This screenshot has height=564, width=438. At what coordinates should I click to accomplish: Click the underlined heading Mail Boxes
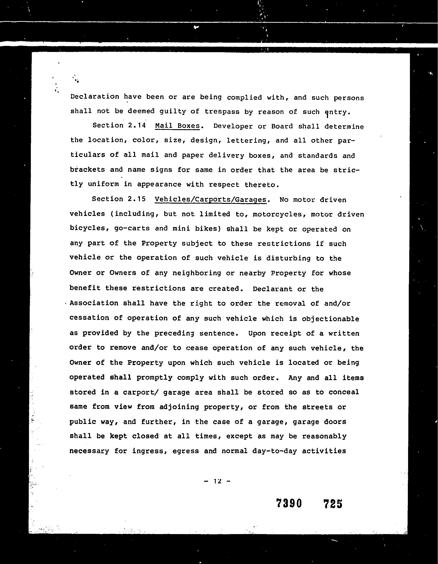point(177,126)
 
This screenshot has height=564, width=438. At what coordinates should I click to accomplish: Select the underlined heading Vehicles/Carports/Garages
point(210,199)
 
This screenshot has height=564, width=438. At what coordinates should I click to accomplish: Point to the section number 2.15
point(136,199)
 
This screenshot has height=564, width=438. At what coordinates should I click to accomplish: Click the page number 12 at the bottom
point(218,481)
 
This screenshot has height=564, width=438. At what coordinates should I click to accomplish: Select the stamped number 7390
point(289,503)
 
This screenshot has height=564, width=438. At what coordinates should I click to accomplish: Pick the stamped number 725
point(333,503)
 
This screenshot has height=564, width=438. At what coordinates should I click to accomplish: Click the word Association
point(94,303)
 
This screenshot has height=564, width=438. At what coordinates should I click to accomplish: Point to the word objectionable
point(331,319)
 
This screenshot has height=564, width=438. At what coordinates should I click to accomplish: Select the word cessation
point(89,318)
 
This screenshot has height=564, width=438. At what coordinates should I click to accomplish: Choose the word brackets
point(87,170)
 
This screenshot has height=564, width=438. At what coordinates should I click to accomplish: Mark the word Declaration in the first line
point(95,96)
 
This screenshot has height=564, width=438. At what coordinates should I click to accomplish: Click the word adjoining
point(179,407)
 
